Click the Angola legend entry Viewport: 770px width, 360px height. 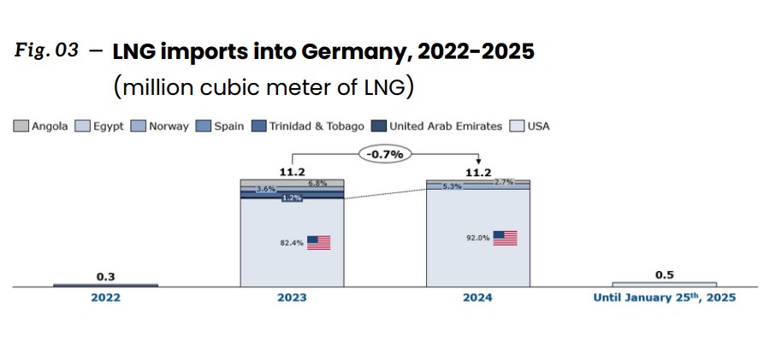(40, 126)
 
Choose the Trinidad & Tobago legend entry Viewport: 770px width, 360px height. (308, 126)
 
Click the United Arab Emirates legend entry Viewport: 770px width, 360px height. (437, 126)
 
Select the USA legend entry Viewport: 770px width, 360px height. (530, 126)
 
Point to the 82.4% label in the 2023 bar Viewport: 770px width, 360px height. (292, 243)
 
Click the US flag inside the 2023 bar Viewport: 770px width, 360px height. (318, 243)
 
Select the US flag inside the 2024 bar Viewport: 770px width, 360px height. (506, 238)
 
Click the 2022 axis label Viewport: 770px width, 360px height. (105, 298)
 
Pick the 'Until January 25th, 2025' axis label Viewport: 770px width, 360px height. (664, 298)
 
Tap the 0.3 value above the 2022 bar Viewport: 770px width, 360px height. (105, 275)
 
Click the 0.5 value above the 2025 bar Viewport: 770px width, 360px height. (665, 274)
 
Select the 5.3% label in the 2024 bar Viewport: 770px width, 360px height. (452, 186)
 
